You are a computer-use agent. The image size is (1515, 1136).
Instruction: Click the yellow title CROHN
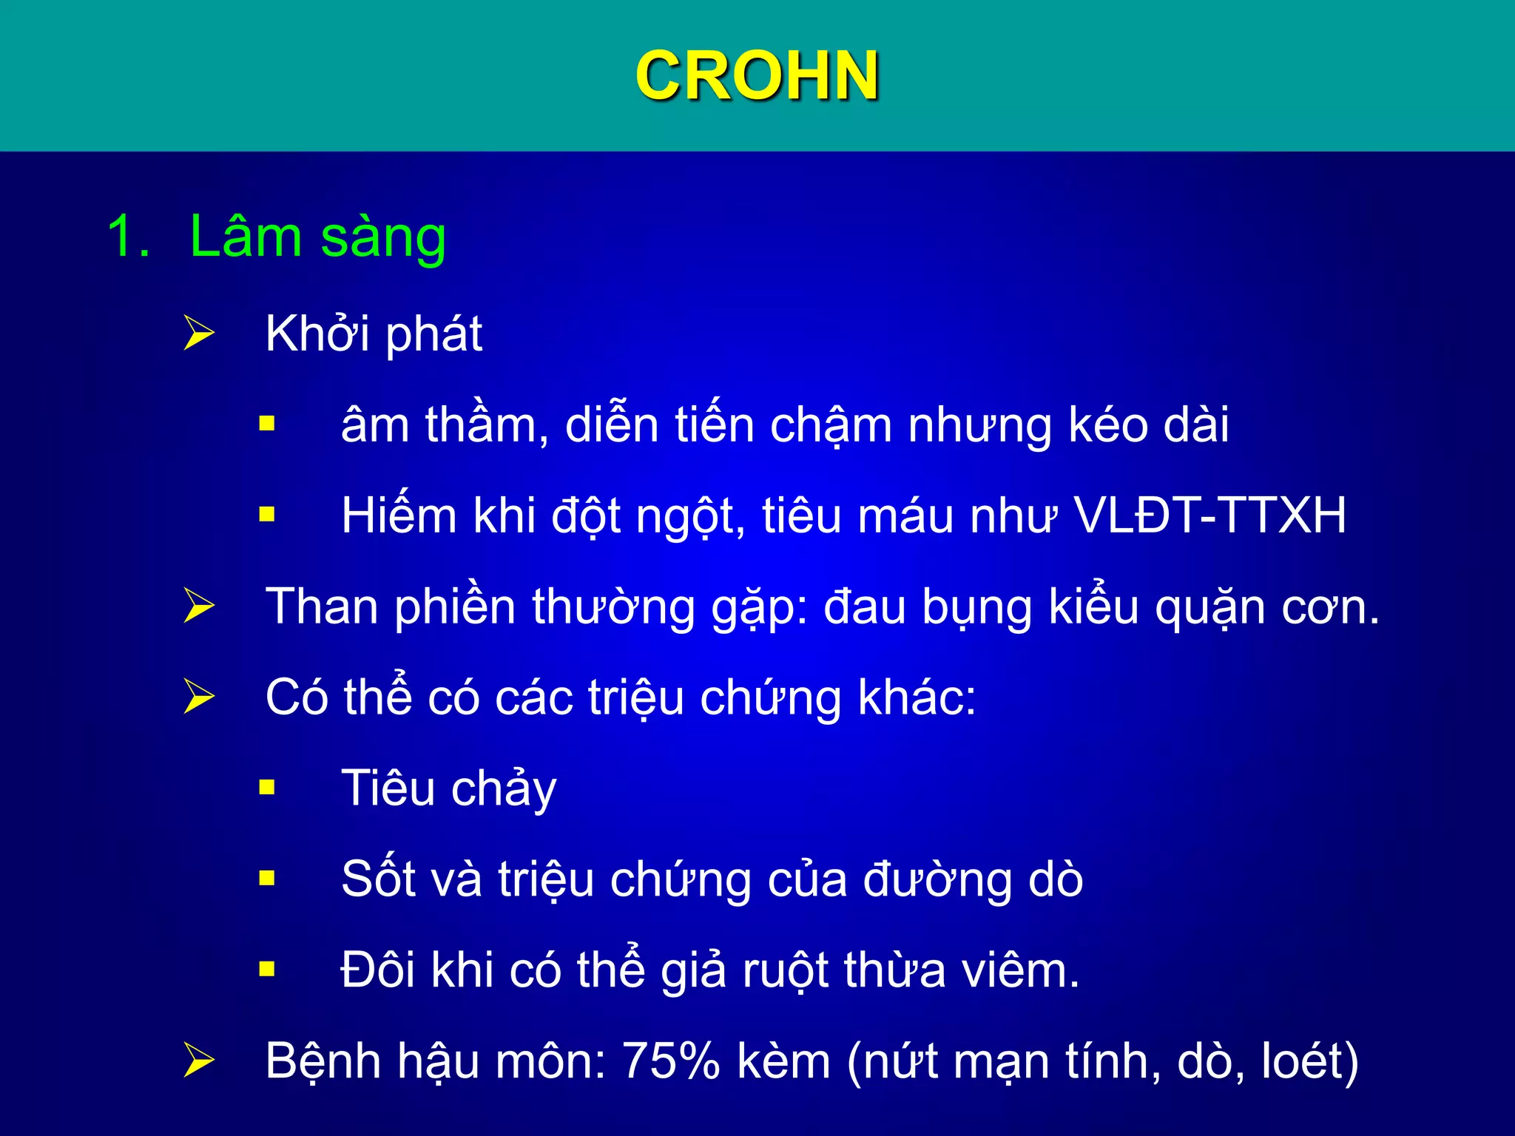click(x=757, y=75)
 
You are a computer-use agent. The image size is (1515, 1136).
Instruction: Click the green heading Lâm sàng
click(x=317, y=237)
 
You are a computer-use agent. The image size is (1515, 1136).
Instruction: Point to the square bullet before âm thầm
click(x=267, y=425)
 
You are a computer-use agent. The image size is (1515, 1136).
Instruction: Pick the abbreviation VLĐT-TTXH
click(x=1209, y=515)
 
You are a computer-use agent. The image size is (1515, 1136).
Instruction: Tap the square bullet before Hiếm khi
click(x=267, y=515)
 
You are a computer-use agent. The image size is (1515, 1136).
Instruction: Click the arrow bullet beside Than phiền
click(x=198, y=606)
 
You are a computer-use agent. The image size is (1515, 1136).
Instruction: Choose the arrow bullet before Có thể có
click(x=198, y=697)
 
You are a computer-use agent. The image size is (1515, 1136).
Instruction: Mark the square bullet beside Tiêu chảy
click(x=267, y=788)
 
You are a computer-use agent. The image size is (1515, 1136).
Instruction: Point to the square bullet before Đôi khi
click(x=267, y=970)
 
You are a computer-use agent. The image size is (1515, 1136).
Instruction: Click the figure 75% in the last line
click(x=670, y=1061)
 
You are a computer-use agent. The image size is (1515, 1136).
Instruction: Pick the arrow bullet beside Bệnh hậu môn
click(x=198, y=1061)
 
